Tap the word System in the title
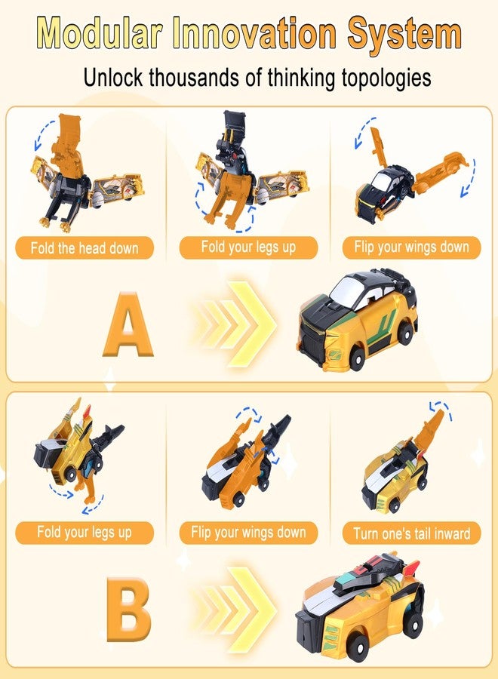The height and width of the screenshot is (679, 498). coord(404,34)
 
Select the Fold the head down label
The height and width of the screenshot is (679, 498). coord(85,248)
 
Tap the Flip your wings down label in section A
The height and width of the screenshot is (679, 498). coord(411,247)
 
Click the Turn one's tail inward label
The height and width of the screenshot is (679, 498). coord(411,533)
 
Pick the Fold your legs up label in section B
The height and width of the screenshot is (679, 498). coord(85,532)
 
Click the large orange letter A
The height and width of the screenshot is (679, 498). coord(128,324)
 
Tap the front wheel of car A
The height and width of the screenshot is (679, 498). coord(356,358)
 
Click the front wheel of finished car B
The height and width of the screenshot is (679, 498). coord(358,647)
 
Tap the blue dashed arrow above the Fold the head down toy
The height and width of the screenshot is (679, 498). coord(43,134)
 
